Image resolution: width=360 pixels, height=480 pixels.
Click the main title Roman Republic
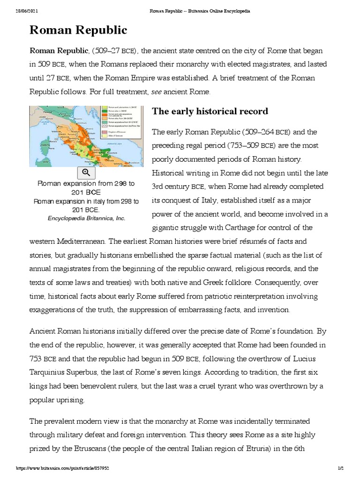click(78, 30)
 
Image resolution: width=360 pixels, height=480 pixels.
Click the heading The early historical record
click(210, 111)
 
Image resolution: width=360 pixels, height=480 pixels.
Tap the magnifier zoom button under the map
click(86, 172)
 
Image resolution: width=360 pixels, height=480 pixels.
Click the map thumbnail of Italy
click(86, 136)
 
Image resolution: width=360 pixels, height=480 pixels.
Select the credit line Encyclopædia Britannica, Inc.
click(86, 218)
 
